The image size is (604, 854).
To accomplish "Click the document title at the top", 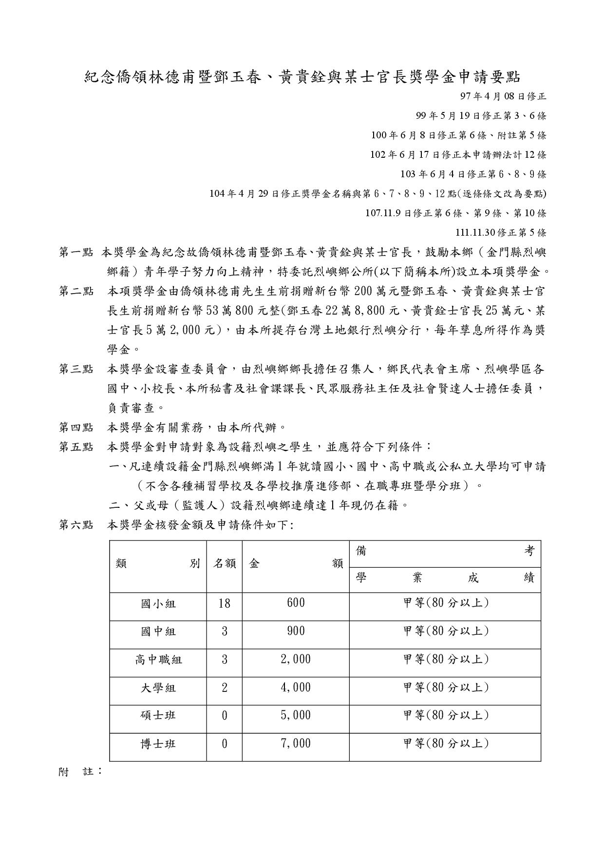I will [x=302, y=76].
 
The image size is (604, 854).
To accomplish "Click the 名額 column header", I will [x=225, y=564].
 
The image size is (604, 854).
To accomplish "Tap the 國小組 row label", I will [x=158, y=604].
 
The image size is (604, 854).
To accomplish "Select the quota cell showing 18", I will [x=225, y=604].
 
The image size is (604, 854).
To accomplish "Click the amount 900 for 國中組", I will [x=296, y=631].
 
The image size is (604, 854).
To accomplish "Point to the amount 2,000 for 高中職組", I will [x=296, y=660].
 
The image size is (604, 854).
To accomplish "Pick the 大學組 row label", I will [x=158, y=688].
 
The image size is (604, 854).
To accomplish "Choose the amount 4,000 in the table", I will [x=296, y=687].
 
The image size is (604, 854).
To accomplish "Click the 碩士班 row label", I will [x=158, y=715].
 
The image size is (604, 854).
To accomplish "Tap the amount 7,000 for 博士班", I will [x=296, y=743].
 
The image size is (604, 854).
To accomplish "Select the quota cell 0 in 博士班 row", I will [x=225, y=744].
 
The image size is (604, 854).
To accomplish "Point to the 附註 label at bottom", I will [x=80, y=772].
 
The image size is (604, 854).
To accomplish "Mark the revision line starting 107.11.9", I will [x=455, y=213].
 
